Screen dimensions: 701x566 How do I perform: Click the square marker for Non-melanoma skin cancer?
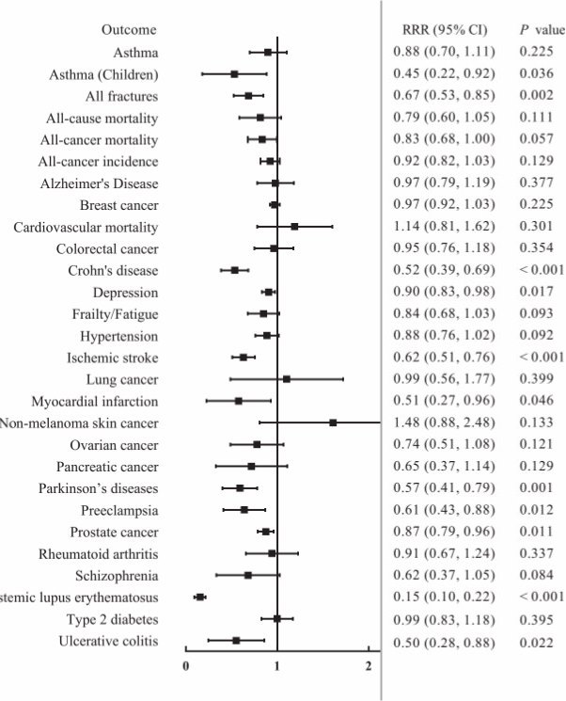click(x=333, y=423)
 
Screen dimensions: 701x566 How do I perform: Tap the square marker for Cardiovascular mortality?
click(x=294, y=227)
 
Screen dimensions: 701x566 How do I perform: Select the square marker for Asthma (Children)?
click(x=234, y=73)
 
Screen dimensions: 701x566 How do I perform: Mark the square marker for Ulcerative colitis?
click(x=236, y=641)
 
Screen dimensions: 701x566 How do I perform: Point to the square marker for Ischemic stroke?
click(x=244, y=358)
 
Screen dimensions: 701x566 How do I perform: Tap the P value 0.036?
click(x=535, y=73)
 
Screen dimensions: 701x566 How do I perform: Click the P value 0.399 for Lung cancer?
click(x=535, y=379)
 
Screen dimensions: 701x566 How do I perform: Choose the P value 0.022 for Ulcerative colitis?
click(x=535, y=641)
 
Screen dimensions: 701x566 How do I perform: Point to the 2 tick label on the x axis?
click(x=369, y=667)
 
